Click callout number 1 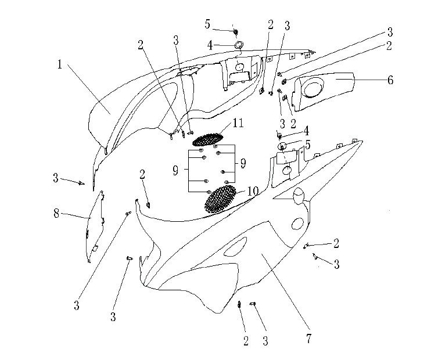pos(60,64)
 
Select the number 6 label pos(390,80)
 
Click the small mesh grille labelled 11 pos(207,139)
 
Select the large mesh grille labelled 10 pos(220,199)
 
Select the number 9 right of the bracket pos(243,163)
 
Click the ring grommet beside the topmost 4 pos(239,45)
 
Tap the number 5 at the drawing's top pos(207,24)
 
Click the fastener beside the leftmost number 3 pos(81,182)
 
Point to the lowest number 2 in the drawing pos(246,341)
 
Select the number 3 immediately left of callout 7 pos(265,341)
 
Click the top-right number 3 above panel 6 pos(390,32)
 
